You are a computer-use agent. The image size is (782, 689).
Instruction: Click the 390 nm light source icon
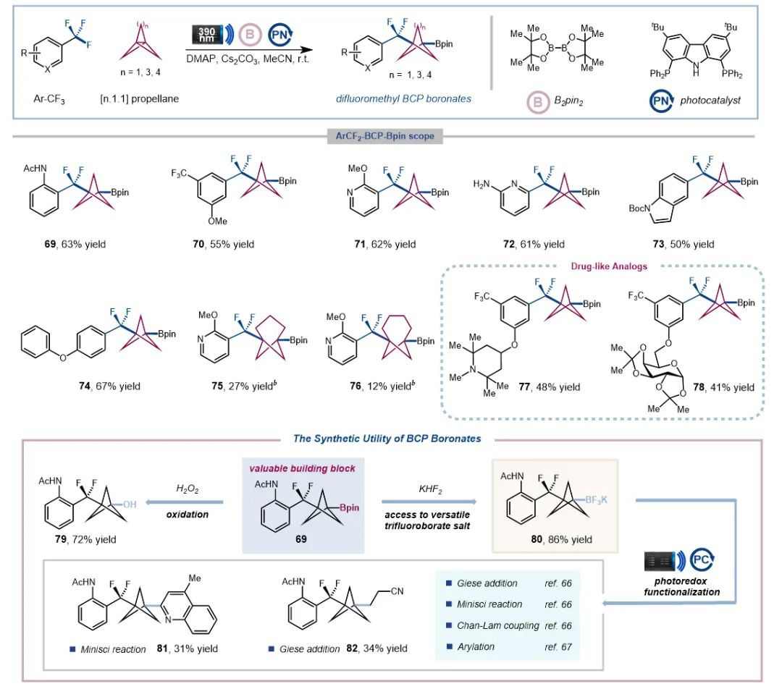click(206, 34)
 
